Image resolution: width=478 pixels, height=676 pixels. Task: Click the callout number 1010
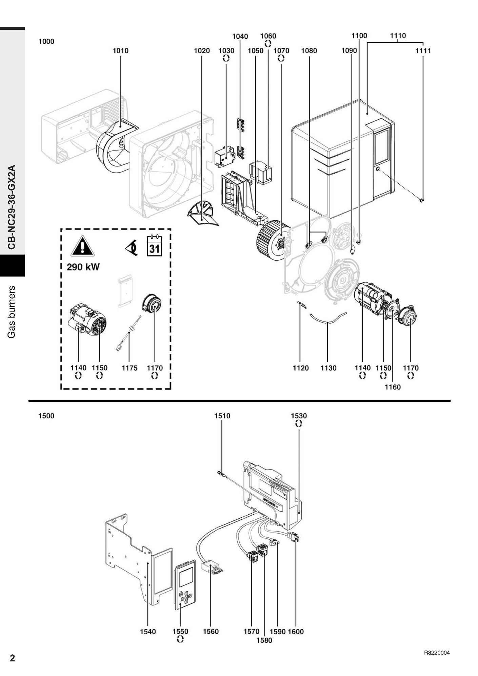[x=120, y=51]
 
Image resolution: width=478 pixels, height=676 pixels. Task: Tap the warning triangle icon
[x=82, y=246]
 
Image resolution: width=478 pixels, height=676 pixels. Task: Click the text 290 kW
[x=83, y=267]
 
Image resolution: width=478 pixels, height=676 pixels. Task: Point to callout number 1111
[x=423, y=51]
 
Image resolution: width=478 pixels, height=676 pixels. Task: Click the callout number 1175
[x=130, y=368]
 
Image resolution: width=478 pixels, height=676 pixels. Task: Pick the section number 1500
[x=46, y=416]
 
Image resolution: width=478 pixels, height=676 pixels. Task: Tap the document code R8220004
[x=437, y=653]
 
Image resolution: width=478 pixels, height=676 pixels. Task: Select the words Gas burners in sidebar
[x=12, y=312]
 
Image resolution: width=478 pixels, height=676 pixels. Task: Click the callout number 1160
[x=393, y=387]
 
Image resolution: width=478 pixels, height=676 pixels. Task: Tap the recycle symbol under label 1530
[x=299, y=423]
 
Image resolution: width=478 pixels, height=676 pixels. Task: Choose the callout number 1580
[x=264, y=640]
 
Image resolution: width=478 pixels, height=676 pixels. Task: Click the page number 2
[x=12, y=658]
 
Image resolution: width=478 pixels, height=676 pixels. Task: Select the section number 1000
[x=46, y=42]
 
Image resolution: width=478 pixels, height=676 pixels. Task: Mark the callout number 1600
[x=296, y=632]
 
